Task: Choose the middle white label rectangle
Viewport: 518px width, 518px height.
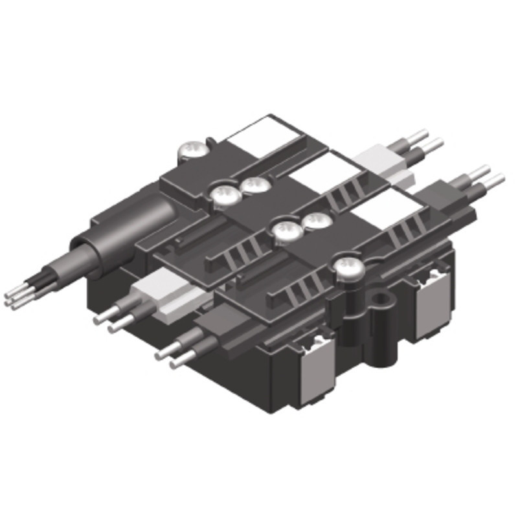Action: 324,170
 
